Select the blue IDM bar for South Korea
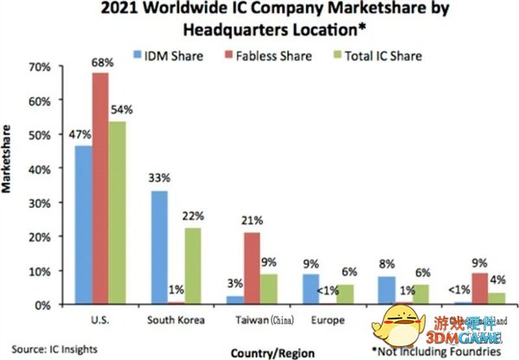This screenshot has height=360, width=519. [x=159, y=247]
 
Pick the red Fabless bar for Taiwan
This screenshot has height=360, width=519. [x=251, y=268]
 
